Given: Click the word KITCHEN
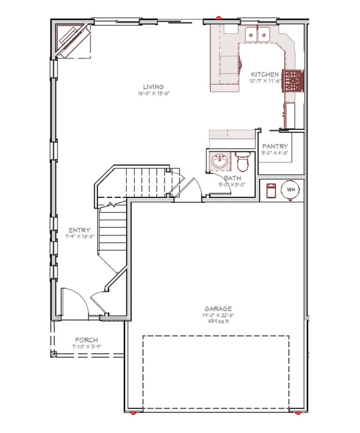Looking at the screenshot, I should (x=265, y=74).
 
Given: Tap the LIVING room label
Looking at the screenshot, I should (x=153, y=86).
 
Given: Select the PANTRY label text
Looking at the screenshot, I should (x=275, y=146).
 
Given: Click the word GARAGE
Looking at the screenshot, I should (x=218, y=309).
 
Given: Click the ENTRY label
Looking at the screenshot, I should (x=80, y=230).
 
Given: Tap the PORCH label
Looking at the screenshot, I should (x=86, y=340).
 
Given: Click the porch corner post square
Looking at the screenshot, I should (x=54, y=353).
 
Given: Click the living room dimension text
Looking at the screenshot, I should (x=153, y=93).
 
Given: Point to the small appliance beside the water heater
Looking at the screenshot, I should (x=271, y=190).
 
